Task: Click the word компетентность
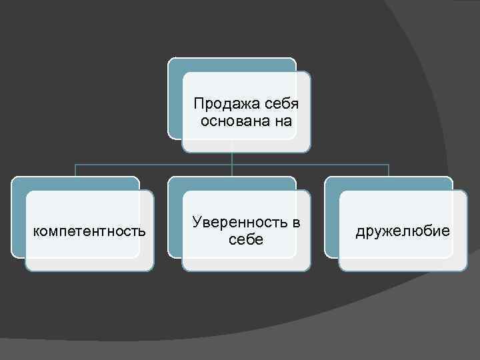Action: [89, 231]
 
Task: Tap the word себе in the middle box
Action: [246, 239]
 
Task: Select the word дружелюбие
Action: [403, 231]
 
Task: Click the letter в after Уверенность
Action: [296, 223]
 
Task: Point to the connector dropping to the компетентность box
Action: [75, 170]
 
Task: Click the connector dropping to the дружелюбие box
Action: [389, 170]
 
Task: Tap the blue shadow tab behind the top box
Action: [175, 100]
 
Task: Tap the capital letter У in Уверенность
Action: [195, 223]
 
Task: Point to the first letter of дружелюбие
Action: [360, 232]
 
